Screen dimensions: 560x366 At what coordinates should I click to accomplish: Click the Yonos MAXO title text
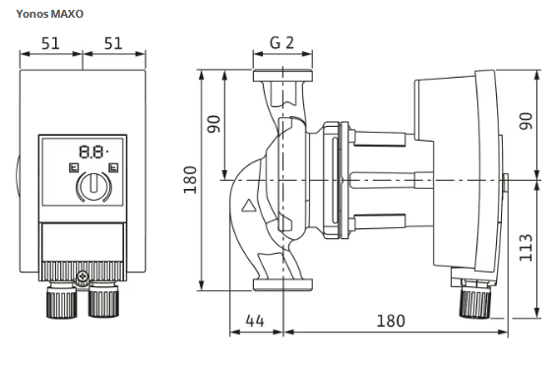[x=49, y=14]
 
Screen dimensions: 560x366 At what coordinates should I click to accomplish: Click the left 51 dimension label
[x=50, y=43]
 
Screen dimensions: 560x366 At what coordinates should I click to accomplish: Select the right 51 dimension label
[x=113, y=43]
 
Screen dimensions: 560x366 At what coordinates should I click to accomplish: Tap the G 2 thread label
[x=281, y=43]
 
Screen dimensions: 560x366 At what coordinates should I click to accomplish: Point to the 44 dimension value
[x=255, y=321]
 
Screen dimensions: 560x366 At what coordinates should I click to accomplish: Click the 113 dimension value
[x=526, y=248]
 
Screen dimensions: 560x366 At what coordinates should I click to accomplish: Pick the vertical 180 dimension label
[x=190, y=180]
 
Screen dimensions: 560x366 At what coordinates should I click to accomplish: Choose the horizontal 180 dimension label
[x=391, y=321]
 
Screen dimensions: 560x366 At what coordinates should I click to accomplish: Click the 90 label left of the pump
[x=215, y=124]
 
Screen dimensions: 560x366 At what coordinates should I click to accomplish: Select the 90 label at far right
[x=526, y=121]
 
